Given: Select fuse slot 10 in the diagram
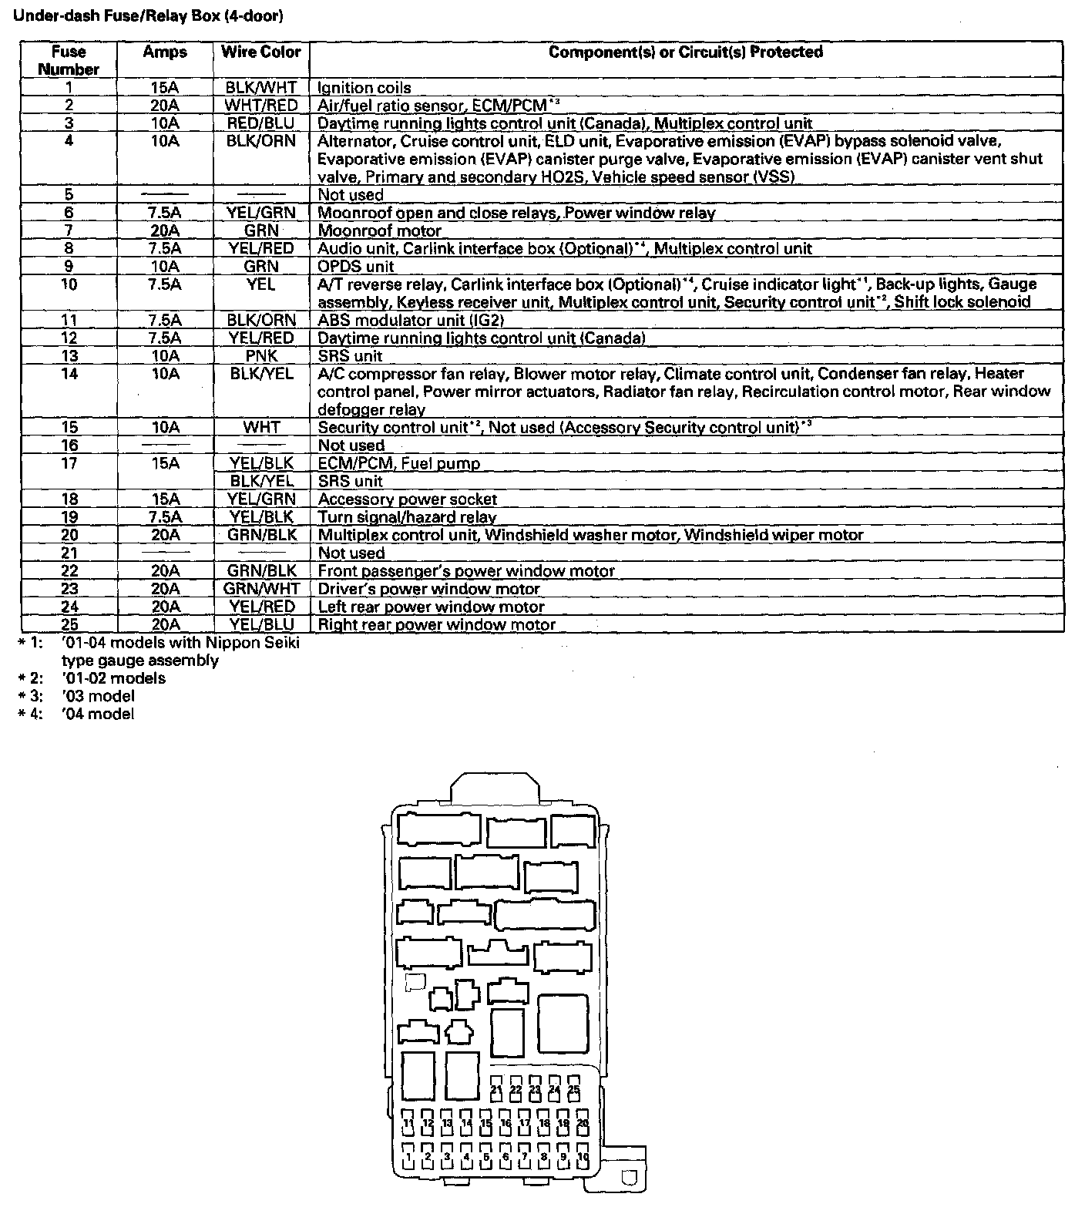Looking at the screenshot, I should click(583, 1155).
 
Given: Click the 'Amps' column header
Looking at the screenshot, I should click(165, 52).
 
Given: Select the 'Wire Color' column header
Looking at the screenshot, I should click(261, 52).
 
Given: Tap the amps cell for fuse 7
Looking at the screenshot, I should click(165, 230).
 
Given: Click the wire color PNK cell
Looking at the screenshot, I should click(261, 355).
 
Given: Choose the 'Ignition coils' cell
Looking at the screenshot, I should click(364, 88).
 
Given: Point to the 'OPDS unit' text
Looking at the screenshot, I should click(356, 267).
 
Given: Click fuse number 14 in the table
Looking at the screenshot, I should click(69, 374).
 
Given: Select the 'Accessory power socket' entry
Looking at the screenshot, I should click(408, 499).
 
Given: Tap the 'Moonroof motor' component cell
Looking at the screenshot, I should click(380, 230).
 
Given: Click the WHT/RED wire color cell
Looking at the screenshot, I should click(261, 106).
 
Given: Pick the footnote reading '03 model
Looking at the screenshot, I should click(99, 696).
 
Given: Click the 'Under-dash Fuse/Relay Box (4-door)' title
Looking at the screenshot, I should click(143, 15).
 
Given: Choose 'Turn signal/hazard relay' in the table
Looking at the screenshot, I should click(408, 517).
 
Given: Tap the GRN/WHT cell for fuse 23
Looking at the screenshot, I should click(261, 589).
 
